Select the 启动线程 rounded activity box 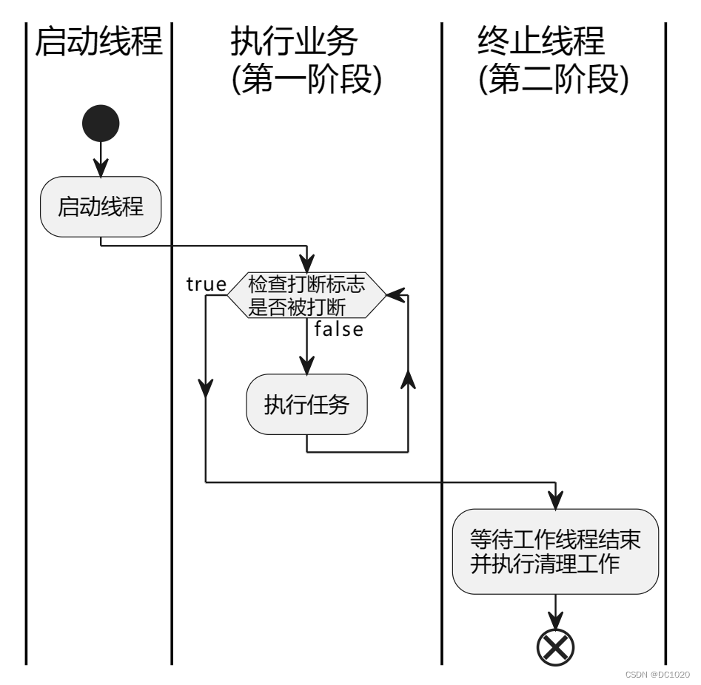point(100,206)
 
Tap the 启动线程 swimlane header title point(99,42)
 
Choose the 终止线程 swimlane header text point(541,42)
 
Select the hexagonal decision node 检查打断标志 point(306,295)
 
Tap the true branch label point(206,283)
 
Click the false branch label point(338,329)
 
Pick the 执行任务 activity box point(306,405)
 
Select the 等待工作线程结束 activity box point(555,551)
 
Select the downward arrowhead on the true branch point(206,387)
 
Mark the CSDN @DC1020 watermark point(657,675)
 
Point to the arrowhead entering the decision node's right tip point(396,295)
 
